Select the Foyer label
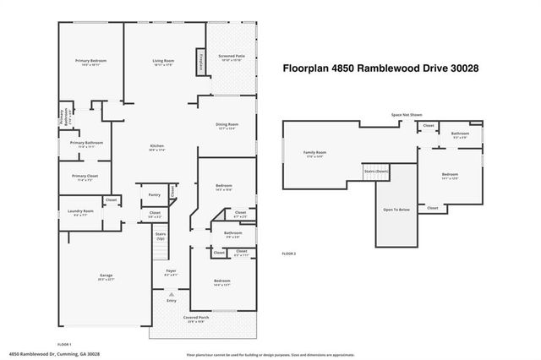point(171,272)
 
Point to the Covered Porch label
point(196,318)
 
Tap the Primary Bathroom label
point(87,143)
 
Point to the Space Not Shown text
point(406,114)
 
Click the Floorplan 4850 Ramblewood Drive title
point(374,68)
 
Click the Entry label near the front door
point(171,300)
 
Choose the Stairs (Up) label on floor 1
point(161,237)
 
